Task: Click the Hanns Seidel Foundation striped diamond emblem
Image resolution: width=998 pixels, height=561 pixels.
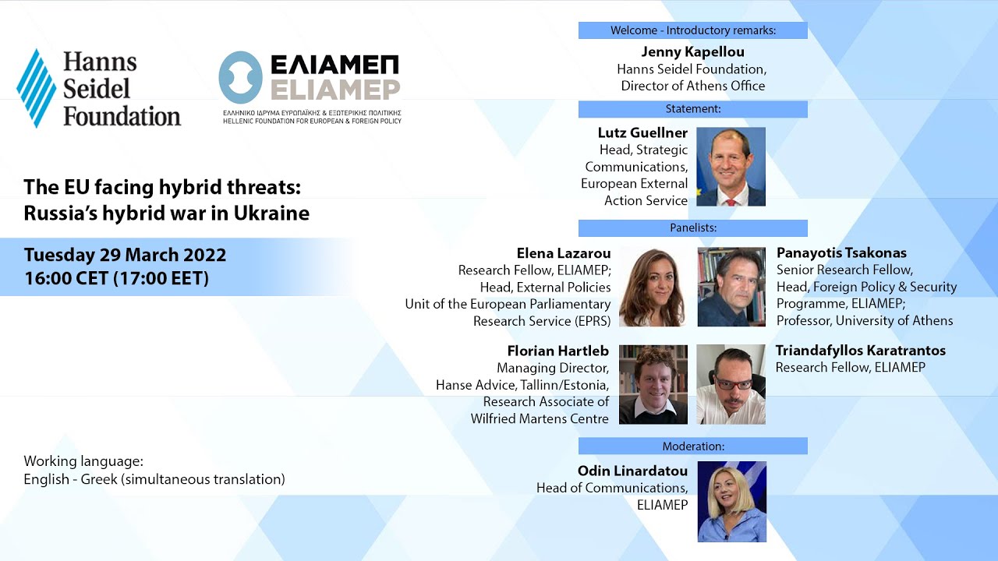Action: click(36, 87)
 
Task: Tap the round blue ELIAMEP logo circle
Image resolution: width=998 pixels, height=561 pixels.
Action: click(240, 78)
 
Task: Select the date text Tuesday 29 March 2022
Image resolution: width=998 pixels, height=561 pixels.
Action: click(125, 255)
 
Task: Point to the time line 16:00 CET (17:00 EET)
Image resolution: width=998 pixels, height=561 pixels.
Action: click(116, 278)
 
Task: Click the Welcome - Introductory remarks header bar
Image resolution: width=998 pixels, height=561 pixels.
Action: click(692, 31)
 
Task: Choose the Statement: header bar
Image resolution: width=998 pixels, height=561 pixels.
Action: click(692, 109)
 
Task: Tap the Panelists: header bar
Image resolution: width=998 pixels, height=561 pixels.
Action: click(692, 228)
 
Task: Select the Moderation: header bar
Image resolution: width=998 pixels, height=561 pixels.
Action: click(692, 446)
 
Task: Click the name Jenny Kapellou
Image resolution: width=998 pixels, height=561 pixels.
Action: click(692, 52)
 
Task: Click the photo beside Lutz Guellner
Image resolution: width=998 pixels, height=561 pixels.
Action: click(731, 167)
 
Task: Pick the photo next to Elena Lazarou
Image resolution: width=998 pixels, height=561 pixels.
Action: click(653, 287)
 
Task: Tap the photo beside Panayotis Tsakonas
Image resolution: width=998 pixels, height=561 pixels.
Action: click(731, 287)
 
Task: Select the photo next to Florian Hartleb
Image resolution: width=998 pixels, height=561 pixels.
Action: click(653, 384)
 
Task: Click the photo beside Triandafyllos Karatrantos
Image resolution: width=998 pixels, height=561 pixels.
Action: click(731, 384)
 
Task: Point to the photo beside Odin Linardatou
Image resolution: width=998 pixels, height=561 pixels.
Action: click(731, 501)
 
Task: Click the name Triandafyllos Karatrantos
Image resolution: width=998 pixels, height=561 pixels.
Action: click(860, 351)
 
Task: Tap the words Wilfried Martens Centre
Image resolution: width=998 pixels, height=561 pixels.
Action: click(540, 418)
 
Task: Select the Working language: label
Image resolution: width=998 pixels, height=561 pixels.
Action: click(83, 461)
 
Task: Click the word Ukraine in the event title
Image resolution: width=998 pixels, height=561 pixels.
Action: click(275, 213)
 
